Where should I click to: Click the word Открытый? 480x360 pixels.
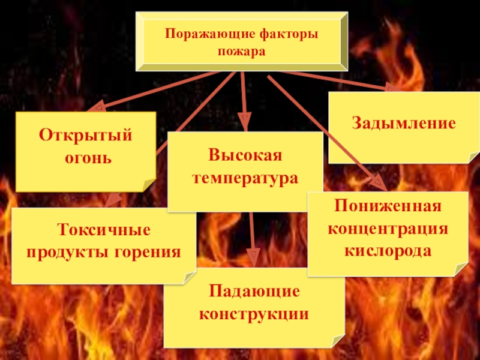(x=85, y=135)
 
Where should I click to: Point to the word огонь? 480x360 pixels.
(x=85, y=158)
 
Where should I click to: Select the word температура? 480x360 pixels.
(x=245, y=178)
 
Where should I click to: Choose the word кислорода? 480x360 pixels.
(x=388, y=251)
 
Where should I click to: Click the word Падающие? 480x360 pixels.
(x=254, y=291)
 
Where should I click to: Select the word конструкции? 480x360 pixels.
(x=254, y=314)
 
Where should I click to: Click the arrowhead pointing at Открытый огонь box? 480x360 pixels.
(x=96, y=108)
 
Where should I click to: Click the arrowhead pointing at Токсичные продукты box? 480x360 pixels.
(x=112, y=200)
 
